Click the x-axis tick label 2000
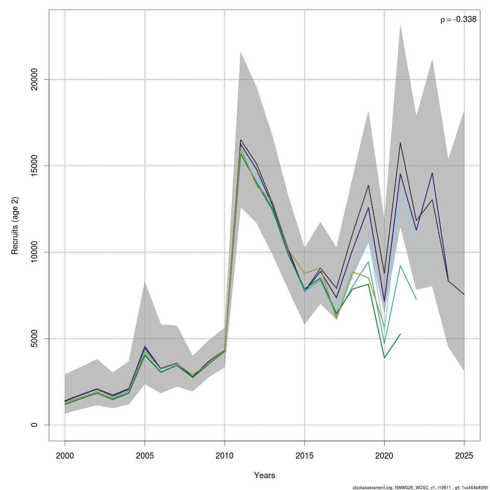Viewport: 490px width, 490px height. (65, 455)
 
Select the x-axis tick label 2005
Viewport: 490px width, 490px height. (145, 455)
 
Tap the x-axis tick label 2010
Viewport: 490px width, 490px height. (225, 455)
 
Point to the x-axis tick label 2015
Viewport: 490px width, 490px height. (305, 455)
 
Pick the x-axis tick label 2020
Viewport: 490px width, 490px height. (384, 455)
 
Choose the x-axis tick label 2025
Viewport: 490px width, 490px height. (464, 455)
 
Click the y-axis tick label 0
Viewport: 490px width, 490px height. (35, 425)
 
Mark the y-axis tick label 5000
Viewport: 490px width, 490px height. (35, 339)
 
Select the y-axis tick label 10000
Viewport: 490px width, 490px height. (35, 252)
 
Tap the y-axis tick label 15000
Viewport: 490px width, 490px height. (35, 166)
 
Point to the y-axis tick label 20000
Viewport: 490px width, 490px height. (35, 79)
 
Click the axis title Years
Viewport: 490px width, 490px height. (265, 475)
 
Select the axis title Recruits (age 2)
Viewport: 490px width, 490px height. (15, 226)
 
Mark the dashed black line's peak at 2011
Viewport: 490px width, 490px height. (241, 140)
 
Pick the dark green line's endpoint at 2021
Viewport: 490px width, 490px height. (400, 334)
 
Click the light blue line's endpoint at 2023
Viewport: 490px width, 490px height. (432, 265)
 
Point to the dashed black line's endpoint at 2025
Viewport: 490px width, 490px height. (464, 294)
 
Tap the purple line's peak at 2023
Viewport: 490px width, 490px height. (432, 173)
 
